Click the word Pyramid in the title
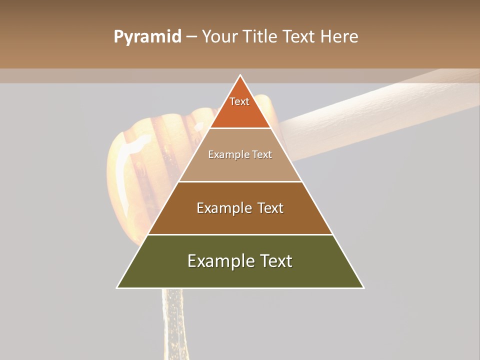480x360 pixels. (147, 37)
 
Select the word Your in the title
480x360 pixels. (219, 37)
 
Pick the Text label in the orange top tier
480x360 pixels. (239, 101)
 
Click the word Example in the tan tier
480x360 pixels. (227, 154)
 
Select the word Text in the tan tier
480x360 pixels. (261, 154)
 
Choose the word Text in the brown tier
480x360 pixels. (270, 208)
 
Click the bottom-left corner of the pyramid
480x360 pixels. (117, 287)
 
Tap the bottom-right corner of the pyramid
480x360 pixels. (363, 287)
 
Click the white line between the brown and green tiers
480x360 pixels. (240, 234)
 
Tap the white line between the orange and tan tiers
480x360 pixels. (240, 128)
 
